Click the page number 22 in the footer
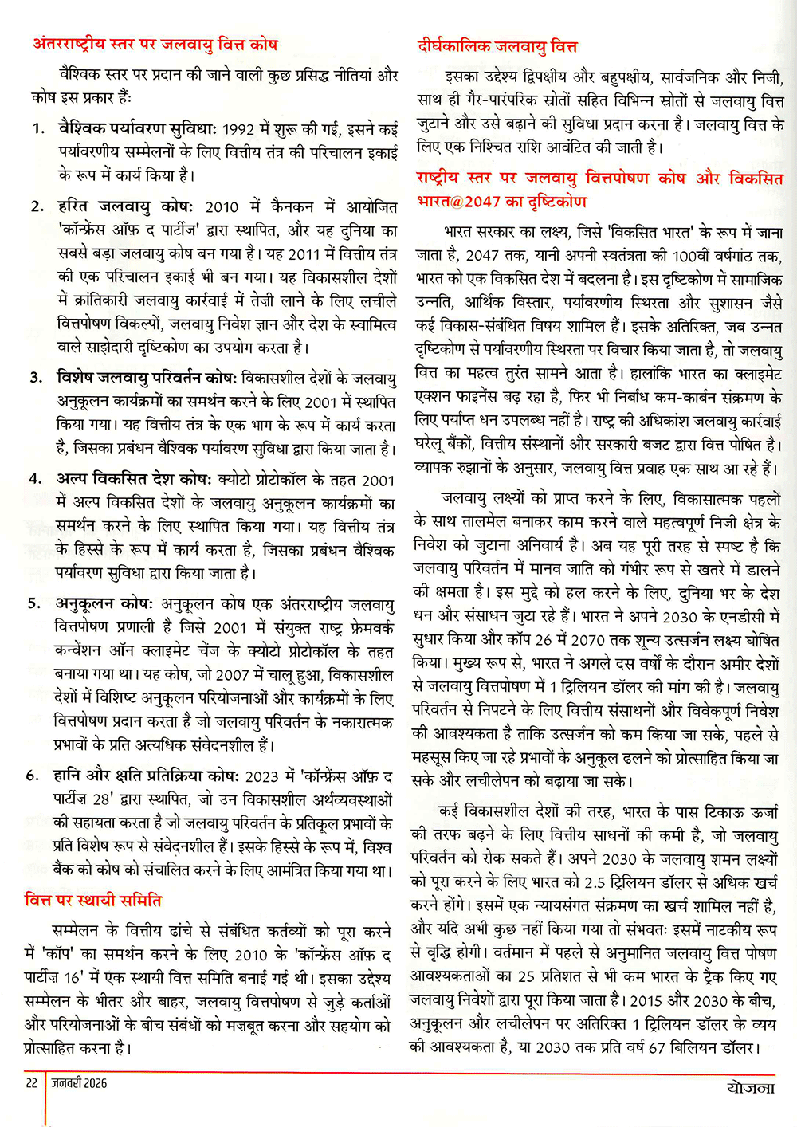(x=32, y=1083)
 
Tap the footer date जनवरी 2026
(x=79, y=1083)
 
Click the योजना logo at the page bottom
(x=750, y=1086)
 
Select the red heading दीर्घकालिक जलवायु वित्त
(x=497, y=46)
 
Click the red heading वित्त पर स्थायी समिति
(x=93, y=901)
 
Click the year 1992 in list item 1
(x=238, y=129)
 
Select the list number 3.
(x=36, y=378)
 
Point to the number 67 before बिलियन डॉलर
(x=656, y=1047)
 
